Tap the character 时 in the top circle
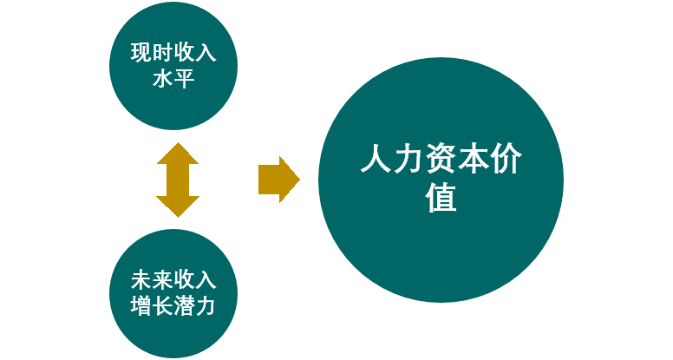[163, 53]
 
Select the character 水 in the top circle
[163, 81]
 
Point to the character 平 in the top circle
[185, 81]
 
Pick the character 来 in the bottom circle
[163, 281]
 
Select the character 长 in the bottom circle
[163, 308]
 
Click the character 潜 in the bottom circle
[185, 308]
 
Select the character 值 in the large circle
[441, 200]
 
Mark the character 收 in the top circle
[185, 53]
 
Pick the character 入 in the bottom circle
[206, 281]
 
